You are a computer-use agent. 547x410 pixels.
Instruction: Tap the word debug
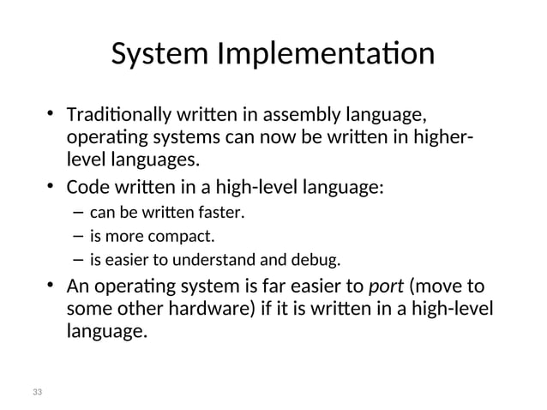coord(320,260)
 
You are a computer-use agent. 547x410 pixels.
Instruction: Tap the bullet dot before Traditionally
coord(51,113)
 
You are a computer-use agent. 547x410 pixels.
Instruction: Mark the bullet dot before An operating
coord(51,285)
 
